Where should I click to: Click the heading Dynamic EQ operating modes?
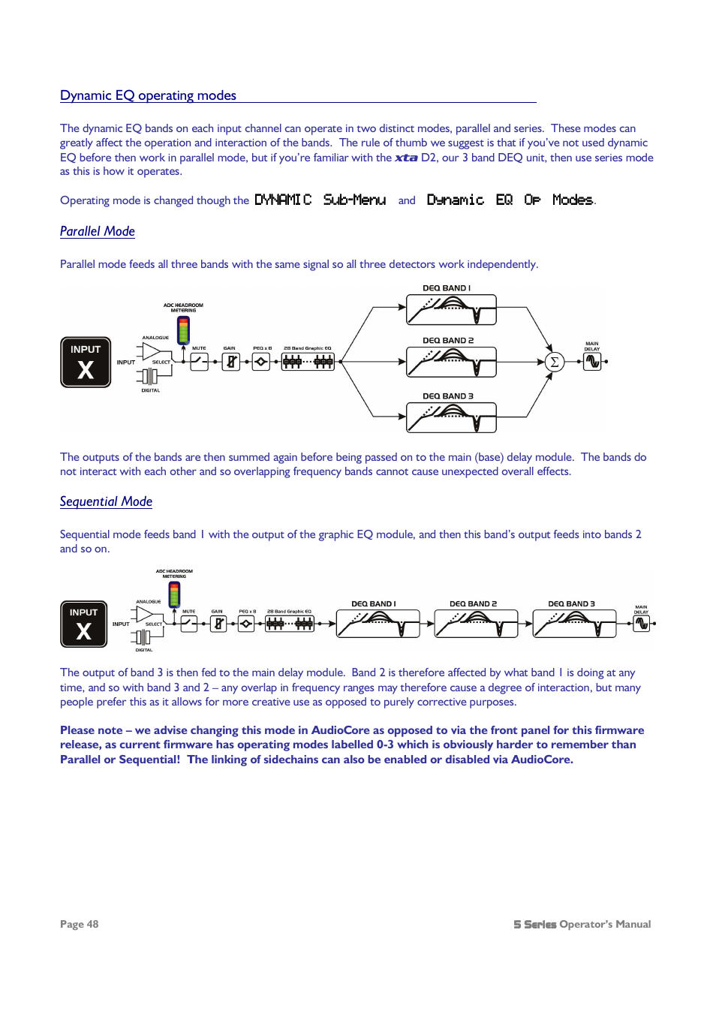tap(148, 95)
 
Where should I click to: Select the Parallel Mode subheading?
tap(98, 231)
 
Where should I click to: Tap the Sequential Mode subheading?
tap(106, 501)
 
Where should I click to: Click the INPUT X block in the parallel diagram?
tap(86, 362)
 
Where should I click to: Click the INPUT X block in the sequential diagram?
tap(83, 624)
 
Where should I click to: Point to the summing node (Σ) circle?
tap(554, 362)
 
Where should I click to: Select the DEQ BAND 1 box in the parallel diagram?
tap(451, 309)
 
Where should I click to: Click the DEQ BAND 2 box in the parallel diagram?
tap(451, 362)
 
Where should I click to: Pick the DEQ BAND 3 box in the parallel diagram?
tap(451, 417)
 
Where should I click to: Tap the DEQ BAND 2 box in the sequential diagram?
tap(476, 624)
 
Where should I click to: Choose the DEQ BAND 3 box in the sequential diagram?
tap(574, 624)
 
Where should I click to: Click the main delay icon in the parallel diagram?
tap(593, 362)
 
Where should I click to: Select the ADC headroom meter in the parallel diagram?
tap(183, 330)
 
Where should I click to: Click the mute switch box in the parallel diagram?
tap(199, 362)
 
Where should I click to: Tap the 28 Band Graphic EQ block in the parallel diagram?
tap(308, 362)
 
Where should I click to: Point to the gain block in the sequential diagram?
tap(218, 624)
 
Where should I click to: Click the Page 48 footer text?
tap(79, 924)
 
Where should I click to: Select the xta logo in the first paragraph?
tap(406, 158)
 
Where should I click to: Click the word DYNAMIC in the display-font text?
tap(282, 200)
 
